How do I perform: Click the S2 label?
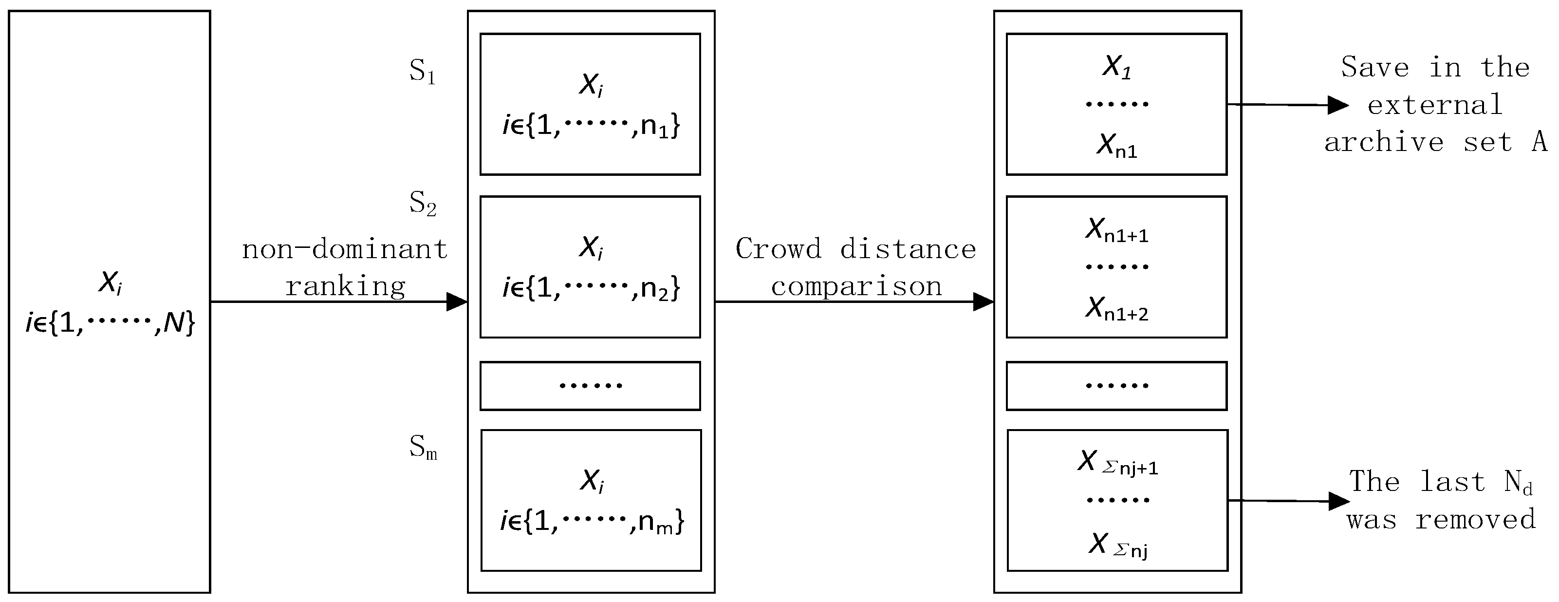(x=423, y=204)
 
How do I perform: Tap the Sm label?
(x=423, y=448)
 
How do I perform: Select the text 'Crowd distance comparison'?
(x=856, y=267)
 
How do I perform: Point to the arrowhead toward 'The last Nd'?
(x=1339, y=501)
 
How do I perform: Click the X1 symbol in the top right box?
(x=1116, y=67)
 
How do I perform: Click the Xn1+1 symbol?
(x=1116, y=230)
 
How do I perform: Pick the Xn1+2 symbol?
(x=1116, y=309)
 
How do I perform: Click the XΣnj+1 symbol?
(x=1117, y=463)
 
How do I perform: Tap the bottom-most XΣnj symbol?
(x=1117, y=545)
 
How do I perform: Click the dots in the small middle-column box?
(x=590, y=385)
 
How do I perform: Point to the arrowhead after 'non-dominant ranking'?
(x=457, y=301)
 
